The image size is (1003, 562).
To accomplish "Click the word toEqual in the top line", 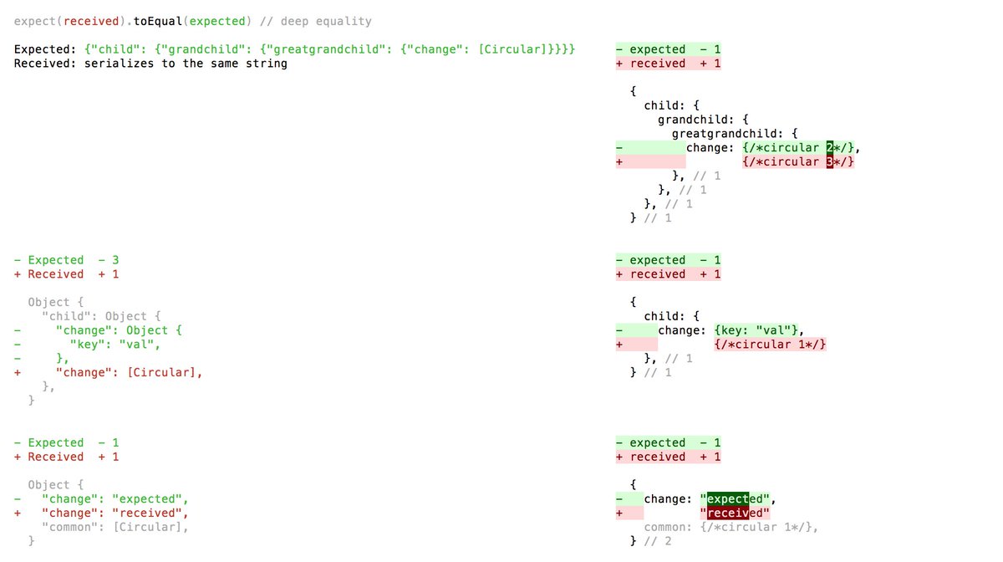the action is pos(158,22).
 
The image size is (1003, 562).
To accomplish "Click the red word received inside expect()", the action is pos(91,22).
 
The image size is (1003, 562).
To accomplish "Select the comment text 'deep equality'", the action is pos(326,22).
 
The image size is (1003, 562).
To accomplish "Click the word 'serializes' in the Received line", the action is pos(119,64).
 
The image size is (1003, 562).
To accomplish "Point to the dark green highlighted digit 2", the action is pos(830,147).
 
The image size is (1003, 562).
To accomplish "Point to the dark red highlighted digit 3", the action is pos(830,161).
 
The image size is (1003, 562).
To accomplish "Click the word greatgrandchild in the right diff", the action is pos(724,134).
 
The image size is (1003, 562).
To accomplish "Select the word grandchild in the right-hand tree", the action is pos(692,120).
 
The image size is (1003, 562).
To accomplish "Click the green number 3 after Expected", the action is pos(115,260).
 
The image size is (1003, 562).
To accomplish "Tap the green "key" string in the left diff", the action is pos(84,345).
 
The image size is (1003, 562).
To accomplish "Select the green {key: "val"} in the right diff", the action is pos(756,330).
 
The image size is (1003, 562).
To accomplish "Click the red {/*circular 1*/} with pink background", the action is pos(770,345).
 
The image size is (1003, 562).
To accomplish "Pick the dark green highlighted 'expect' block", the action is pos(728,498).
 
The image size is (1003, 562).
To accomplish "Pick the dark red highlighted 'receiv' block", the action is pos(728,513).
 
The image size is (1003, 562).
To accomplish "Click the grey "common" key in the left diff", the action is pos(70,527).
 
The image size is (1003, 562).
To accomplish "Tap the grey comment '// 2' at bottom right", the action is pos(657,541).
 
